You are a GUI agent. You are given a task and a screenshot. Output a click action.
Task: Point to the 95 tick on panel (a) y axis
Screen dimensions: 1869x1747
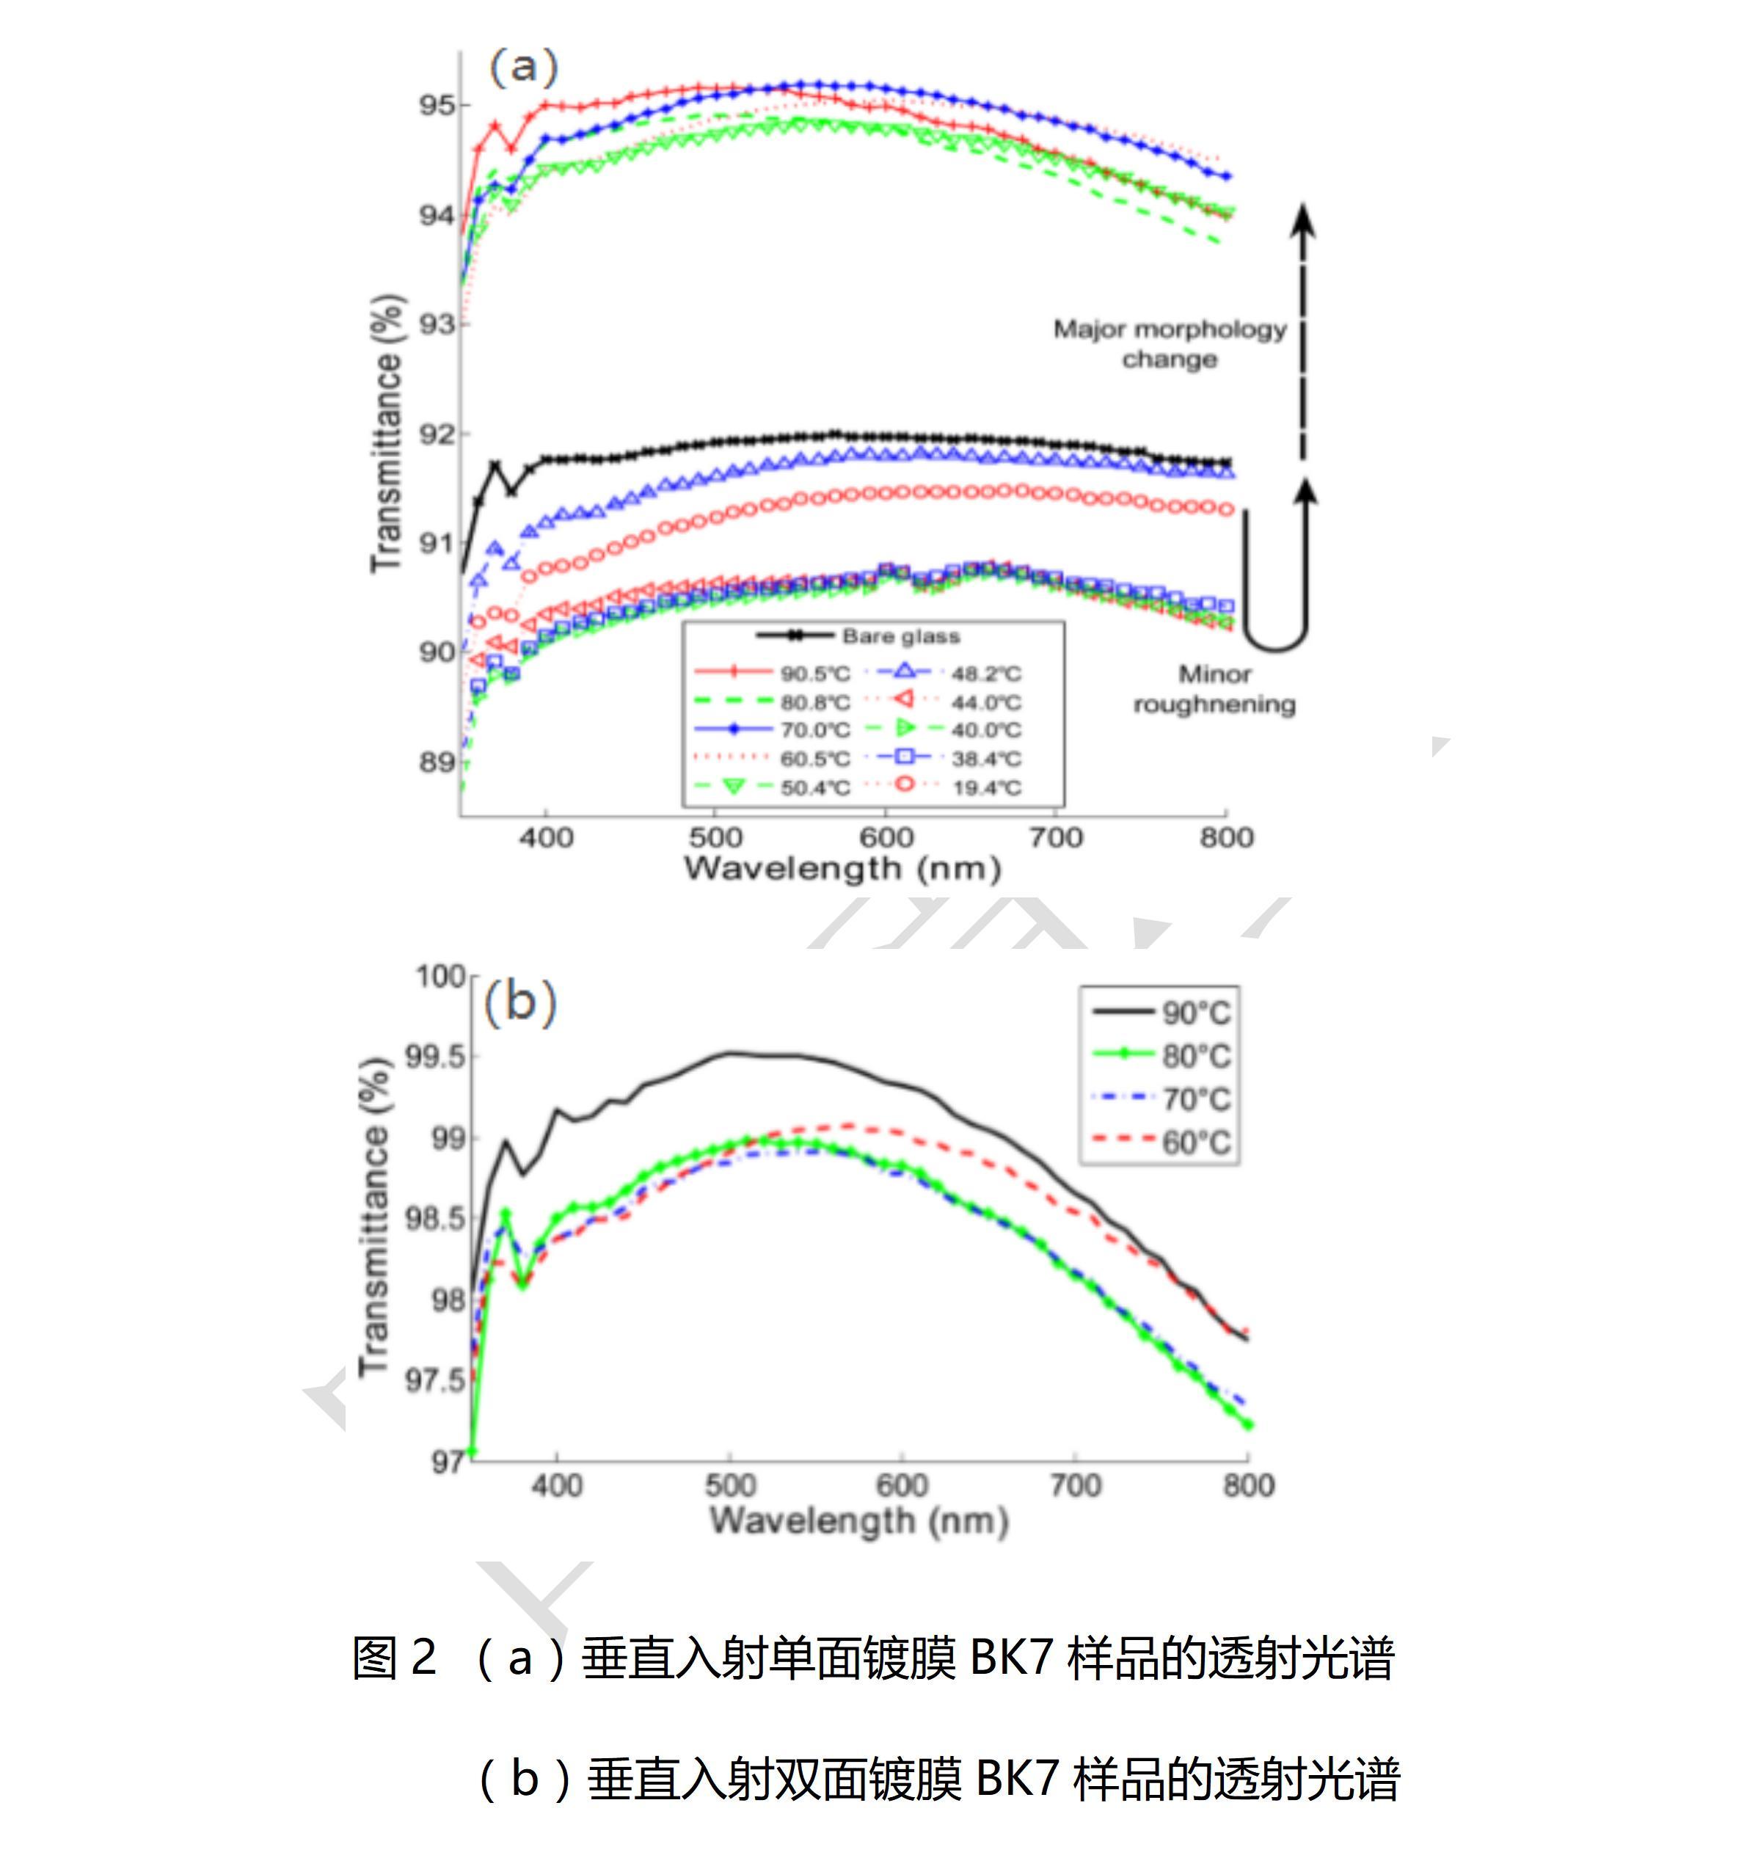[437, 105]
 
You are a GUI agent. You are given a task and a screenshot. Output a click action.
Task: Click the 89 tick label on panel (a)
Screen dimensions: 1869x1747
[437, 762]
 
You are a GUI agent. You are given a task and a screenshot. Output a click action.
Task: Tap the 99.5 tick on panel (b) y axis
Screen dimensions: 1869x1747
[435, 1057]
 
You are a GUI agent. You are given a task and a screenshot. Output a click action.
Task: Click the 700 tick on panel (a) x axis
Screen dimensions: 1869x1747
[1056, 837]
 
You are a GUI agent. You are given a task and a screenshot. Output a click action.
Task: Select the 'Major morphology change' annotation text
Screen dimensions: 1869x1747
[1170, 344]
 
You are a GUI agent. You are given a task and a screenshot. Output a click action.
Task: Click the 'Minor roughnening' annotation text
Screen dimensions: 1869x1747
[1214, 689]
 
